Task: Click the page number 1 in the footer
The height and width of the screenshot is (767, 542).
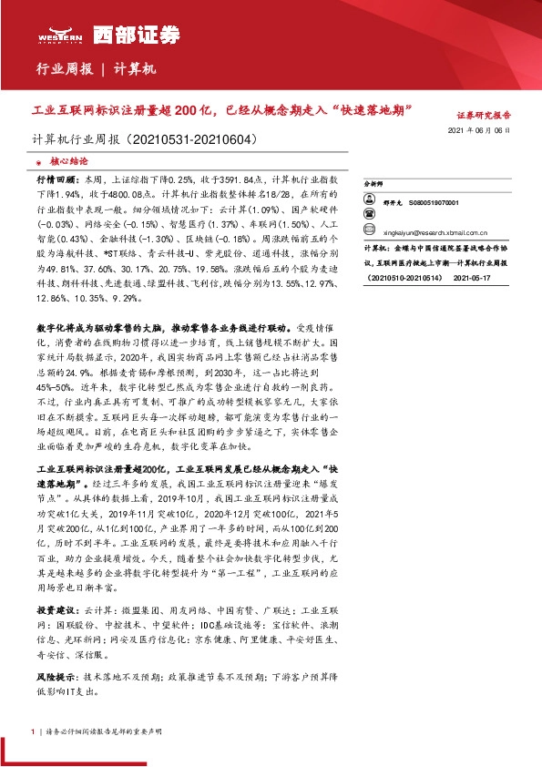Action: coord(33,731)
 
